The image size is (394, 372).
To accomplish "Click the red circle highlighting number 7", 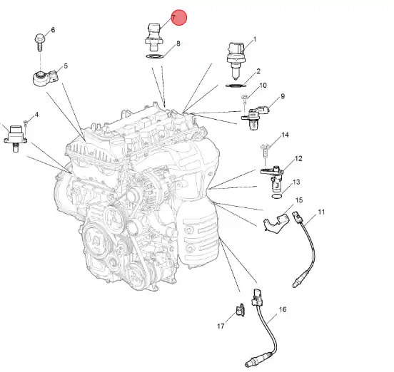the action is [x=179, y=18].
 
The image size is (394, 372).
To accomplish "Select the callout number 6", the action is [x=53, y=30].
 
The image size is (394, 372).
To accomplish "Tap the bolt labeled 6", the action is [x=40, y=42].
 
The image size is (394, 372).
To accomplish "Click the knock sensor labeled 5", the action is [x=46, y=78].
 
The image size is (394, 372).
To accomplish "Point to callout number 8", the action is [x=178, y=43].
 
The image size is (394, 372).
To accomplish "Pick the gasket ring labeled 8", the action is [x=155, y=56].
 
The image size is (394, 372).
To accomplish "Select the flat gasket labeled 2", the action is [x=236, y=86].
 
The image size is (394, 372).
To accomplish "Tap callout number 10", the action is [x=263, y=86].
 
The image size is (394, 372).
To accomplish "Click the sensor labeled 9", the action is [x=255, y=117].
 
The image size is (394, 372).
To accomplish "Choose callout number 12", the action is [x=298, y=158].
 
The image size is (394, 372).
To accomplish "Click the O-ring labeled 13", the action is [x=277, y=196].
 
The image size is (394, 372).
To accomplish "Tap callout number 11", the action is [x=321, y=212].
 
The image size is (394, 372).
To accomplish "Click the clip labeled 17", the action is [x=241, y=310].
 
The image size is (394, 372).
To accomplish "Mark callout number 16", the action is [x=283, y=309].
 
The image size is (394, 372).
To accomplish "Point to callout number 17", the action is [x=221, y=326].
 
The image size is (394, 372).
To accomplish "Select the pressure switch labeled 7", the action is [x=153, y=37].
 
